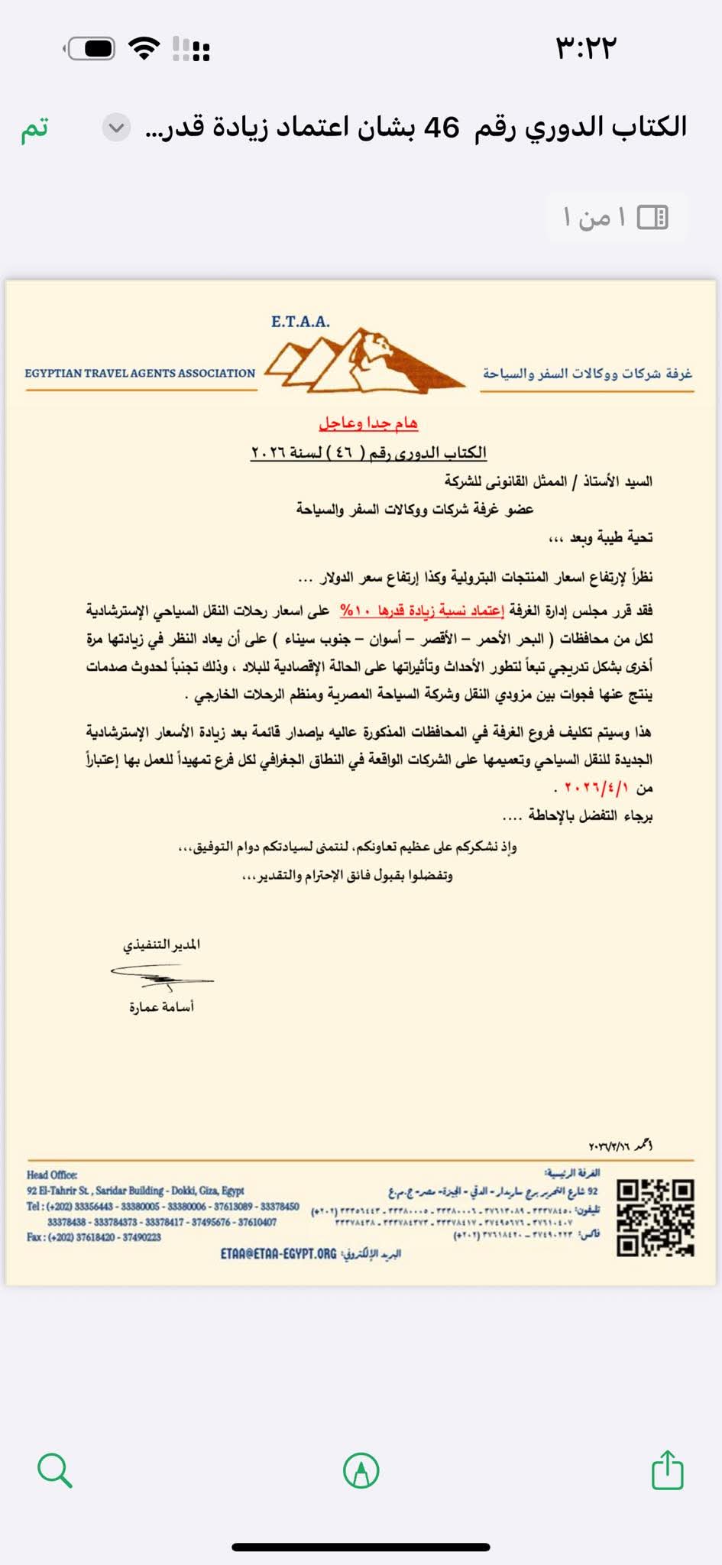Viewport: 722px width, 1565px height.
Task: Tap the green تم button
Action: (x=34, y=128)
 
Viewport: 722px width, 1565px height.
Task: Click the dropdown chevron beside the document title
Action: (x=116, y=128)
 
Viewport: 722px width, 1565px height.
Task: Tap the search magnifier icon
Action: (x=54, y=1469)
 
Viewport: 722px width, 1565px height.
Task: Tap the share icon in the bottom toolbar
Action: (x=667, y=1469)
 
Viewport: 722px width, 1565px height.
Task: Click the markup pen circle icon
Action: (x=361, y=1469)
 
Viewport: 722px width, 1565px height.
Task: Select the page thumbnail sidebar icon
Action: (x=652, y=218)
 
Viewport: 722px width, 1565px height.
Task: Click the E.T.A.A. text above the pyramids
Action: (x=300, y=322)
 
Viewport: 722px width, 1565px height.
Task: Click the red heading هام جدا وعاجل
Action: (x=368, y=423)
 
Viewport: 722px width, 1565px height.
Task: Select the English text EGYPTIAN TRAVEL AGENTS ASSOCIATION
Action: (x=140, y=374)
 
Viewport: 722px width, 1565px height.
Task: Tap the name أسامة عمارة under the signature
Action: (x=161, y=1007)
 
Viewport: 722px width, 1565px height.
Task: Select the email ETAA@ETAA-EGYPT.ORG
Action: (x=278, y=1254)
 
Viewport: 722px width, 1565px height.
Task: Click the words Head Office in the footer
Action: (x=52, y=1175)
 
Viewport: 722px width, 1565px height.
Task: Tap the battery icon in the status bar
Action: (x=91, y=49)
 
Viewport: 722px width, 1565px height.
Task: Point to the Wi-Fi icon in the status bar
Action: (x=144, y=48)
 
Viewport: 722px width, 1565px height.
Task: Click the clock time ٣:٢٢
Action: (x=585, y=48)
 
